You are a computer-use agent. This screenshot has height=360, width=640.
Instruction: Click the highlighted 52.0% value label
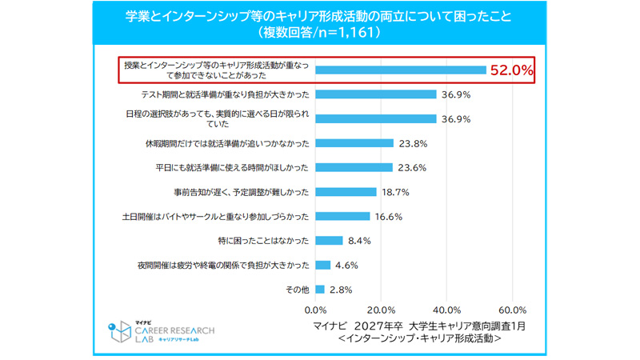(511, 70)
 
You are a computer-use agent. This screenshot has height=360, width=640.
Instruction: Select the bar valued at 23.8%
(355, 143)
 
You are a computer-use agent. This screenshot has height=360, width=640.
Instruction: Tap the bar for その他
(321, 289)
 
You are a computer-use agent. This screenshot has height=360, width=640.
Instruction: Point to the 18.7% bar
(346, 192)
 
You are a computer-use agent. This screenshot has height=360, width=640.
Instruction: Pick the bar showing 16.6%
(343, 216)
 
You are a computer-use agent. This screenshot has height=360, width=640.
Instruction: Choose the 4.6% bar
(324, 265)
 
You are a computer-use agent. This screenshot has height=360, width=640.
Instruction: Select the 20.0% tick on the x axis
(382, 310)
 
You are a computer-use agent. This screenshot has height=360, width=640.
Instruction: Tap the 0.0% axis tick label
(317, 310)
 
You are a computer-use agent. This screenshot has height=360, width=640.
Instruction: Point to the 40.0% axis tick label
(446, 310)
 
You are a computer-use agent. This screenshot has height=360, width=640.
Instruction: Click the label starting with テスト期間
(226, 94)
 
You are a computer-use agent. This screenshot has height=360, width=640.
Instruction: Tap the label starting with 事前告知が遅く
(242, 192)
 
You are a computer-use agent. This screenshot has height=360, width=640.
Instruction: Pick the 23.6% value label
(410, 168)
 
